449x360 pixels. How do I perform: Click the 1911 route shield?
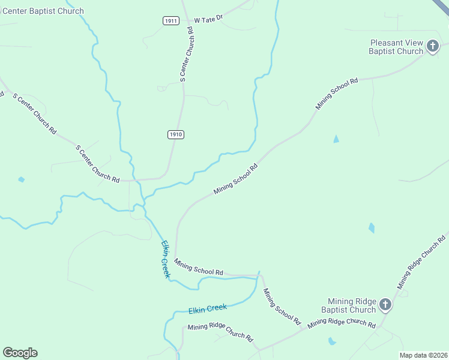click(170, 20)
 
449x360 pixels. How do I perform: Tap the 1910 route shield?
click(175, 134)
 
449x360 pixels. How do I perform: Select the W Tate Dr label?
click(208, 19)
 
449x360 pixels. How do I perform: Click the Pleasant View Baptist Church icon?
click(432, 46)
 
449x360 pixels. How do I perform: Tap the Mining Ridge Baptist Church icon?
click(385, 305)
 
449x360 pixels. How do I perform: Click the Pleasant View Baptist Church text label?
click(396, 47)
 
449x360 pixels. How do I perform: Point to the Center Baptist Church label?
click(42, 11)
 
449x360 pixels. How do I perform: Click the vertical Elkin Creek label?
click(165, 259)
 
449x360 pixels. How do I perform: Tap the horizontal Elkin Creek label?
click(208, 308)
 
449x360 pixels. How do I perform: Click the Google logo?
click(20, 353)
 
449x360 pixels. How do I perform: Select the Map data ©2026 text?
click(423, 355)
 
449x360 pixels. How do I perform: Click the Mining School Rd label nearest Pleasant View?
click(337, 93)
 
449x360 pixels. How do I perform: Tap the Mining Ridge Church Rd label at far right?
click(422, 260)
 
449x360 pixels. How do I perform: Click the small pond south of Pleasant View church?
click(336, 139)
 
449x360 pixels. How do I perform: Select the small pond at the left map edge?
click(22, 179)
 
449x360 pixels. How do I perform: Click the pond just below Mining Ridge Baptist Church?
click(331, 341)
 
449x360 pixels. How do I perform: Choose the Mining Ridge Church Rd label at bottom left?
click(220, 331)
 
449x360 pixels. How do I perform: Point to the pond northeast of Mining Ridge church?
click(372, 227)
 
